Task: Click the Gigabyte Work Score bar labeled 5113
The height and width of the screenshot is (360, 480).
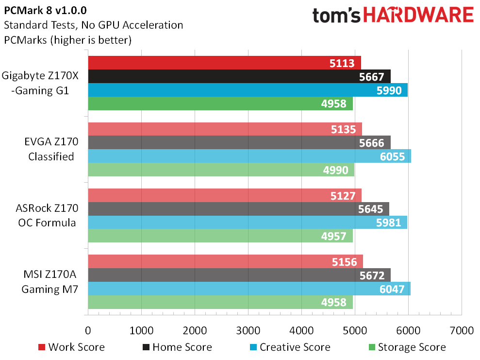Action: pos(223,63)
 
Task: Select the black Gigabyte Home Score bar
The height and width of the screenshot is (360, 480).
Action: pos(238,76)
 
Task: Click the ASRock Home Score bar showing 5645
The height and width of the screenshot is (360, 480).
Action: pos(238,209)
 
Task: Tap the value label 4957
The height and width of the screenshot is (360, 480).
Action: pos(333,236)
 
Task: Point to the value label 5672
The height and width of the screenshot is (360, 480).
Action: pos(372,275)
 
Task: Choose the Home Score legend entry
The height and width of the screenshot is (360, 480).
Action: pos(177,347)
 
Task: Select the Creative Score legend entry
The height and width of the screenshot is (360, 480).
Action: pos(289,347)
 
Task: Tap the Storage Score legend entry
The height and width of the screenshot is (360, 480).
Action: pos(406,347)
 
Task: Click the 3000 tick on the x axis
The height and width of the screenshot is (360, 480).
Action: pos(248,331)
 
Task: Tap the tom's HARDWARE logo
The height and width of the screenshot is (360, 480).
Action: pos(393,15)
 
